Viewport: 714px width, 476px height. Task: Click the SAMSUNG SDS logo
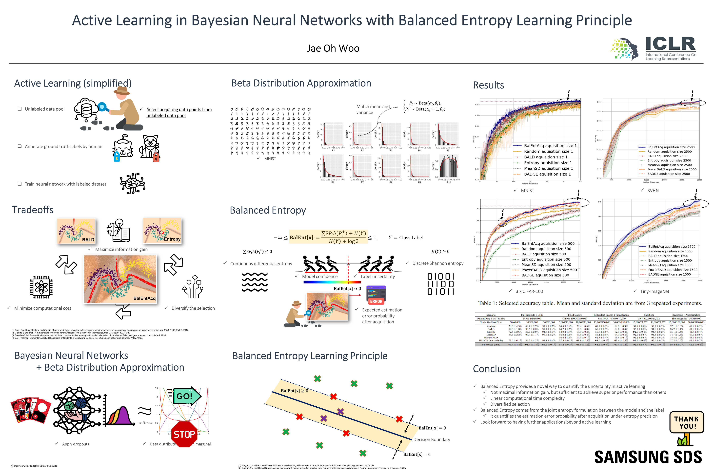pyautogui.click(x=648, y=457)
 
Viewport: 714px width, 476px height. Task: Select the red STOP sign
pyautogui.click(x=184, y=434)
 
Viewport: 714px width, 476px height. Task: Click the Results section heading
pyautogui.click(x=488, y=85)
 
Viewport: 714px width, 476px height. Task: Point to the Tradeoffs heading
pyautogui.click(x=33, y=210)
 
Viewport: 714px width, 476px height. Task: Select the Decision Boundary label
pyautogui.click(x=432, y=440)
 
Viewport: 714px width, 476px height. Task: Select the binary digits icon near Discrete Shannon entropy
pyautogui.click(x=440, y=284)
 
